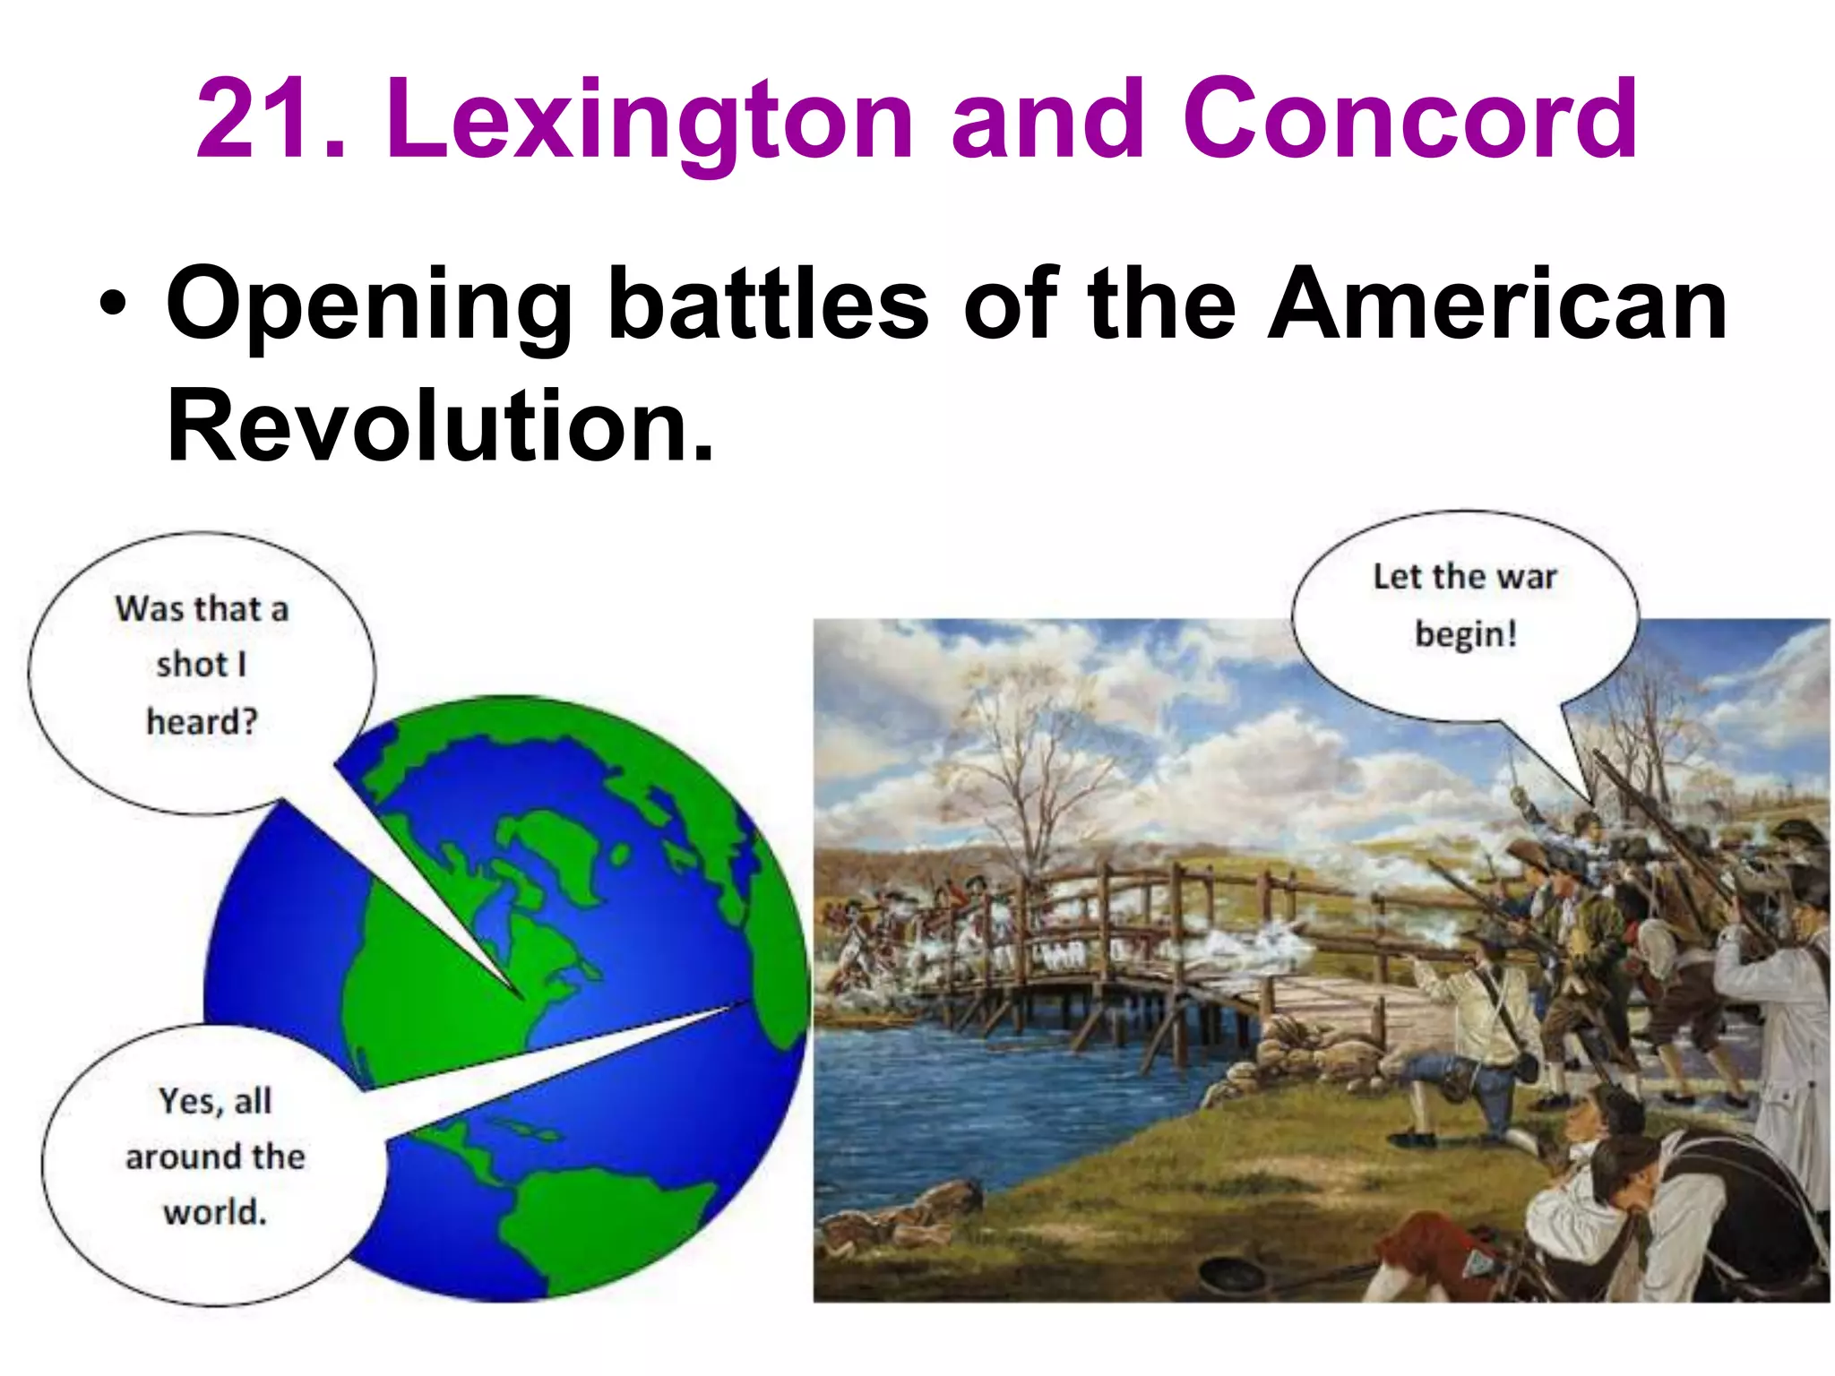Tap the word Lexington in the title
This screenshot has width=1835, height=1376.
(649, 121)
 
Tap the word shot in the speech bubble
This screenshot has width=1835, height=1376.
(191, 665)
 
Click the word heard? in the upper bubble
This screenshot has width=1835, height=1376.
(202, 721)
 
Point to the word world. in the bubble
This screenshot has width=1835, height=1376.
(215, 1212)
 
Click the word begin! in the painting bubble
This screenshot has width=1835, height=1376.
(1466, 634)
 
